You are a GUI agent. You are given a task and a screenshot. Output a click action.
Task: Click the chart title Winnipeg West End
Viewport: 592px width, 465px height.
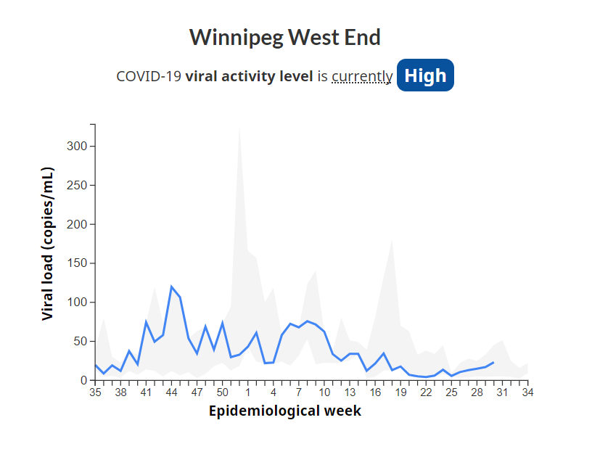[285, 37]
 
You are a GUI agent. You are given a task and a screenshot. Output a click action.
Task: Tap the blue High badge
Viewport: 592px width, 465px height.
[425, 75]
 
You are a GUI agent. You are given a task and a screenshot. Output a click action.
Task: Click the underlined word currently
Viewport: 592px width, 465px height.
[362, 76]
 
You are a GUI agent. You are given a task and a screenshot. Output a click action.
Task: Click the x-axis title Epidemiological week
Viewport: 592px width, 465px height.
[285, 411]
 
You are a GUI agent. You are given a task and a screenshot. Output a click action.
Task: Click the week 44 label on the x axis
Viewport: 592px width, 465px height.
[172, 392]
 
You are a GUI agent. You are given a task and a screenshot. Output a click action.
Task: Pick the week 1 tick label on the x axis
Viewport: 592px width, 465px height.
[248, 392]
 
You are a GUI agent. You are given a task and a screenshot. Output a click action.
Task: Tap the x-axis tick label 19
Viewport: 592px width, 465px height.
[400, 392]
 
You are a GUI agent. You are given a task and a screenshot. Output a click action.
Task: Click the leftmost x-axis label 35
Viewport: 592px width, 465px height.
[95, 392]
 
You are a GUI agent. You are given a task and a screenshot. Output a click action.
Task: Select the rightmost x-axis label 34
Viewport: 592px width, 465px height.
[527, 392]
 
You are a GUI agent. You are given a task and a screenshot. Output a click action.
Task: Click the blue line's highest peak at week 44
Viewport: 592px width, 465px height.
[172, 287]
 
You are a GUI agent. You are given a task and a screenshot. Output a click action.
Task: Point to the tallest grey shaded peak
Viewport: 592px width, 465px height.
[239, 128]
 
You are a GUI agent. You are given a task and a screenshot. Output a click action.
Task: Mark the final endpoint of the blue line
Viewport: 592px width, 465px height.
[493, 362]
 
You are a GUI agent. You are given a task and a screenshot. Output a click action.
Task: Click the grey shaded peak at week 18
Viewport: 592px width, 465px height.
[392, 241]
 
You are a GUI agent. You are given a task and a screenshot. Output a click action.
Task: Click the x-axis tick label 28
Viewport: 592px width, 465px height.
[477, 392]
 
